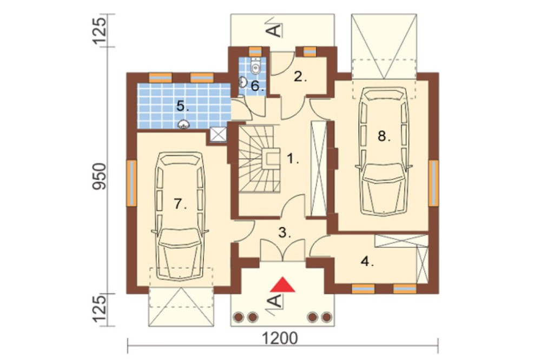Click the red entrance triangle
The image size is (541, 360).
[283, 285]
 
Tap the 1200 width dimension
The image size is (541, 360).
[280, 338]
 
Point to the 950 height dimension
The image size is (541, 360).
[99, 176]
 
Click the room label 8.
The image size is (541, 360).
[384, 136]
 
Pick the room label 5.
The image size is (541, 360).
[182, 105]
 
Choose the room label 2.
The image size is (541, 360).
[300, 77]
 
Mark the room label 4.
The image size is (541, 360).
[367, 262]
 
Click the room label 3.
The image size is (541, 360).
[285, 233]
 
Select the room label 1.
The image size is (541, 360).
[293, 159]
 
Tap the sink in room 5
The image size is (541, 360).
[183, 124]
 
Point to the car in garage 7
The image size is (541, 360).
[179, 216]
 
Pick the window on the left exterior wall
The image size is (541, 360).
[131, 183]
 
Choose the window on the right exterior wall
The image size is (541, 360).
[434, 183]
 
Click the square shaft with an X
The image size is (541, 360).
[218, 134]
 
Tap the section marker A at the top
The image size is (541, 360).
[275, 27]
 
